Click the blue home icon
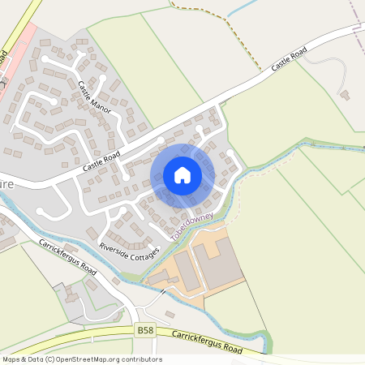pyautogui.click(x=182, y=174)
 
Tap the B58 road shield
pyautogui.click(x=145, y=330)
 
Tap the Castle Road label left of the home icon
pyautogui.click(x=101, y=161)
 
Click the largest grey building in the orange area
pyautogui.click(x=217, y=261)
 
